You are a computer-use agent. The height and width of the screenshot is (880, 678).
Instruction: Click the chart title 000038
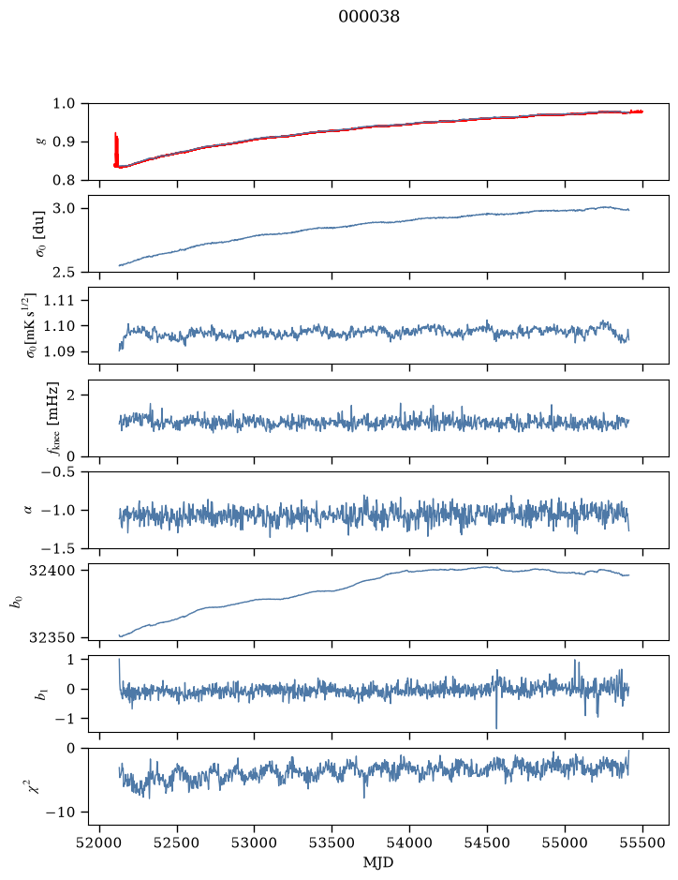(368, 17)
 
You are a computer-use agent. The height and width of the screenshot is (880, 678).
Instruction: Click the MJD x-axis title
(378, 862)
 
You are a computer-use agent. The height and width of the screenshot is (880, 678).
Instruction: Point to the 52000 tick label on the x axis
(100, 843)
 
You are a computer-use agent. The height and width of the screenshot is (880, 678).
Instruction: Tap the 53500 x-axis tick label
(332, 843)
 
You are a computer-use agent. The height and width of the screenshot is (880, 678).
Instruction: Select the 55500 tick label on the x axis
(642, 843)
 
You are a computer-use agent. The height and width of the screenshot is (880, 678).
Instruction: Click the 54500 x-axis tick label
(487, 843)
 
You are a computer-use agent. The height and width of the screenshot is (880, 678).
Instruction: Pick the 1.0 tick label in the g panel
(64, 103)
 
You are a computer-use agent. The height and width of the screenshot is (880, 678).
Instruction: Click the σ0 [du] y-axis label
(40, 234)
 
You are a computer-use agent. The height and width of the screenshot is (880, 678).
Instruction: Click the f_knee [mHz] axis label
(53, 419)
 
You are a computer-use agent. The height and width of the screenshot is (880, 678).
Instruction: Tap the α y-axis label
(28, 510)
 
